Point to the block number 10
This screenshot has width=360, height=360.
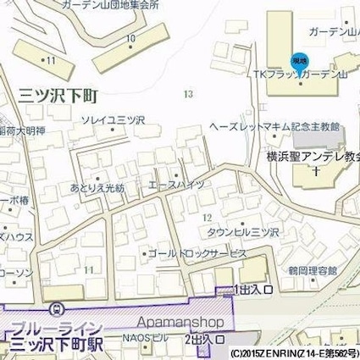130,39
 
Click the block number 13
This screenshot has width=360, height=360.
187,94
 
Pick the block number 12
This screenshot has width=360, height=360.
208,218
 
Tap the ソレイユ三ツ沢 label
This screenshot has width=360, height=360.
113,121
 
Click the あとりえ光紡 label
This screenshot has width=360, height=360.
97,186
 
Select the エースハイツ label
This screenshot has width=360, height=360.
176,183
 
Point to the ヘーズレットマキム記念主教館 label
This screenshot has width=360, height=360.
275,127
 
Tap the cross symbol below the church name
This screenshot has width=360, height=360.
315,171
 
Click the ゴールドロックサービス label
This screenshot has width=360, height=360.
197,252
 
